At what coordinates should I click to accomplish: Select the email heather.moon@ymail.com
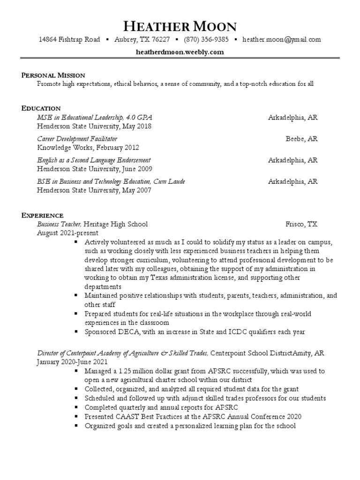coord(282,40)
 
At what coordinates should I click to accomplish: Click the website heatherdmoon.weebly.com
coord(180,52)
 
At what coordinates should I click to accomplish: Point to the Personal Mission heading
coord(53,75)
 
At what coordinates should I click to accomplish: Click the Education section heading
coord(41,108)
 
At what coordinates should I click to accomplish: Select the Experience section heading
coord(42,215)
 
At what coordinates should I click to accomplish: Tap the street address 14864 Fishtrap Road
coord(69,40)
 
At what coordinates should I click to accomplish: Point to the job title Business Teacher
coord(59,224)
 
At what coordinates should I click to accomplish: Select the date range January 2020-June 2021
coord(72,362)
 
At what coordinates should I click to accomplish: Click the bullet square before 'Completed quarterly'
coord(77,407)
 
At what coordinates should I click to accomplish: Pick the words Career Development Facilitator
coord(77,139)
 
